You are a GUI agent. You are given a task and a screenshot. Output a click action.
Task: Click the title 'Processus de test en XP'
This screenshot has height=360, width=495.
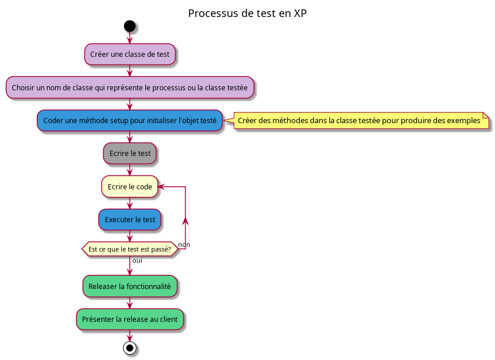[x=247, y=13]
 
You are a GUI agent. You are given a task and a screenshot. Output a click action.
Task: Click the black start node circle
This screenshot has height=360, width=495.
[x=130, y=26]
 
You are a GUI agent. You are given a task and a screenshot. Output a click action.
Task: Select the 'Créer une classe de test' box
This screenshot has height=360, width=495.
[x=130, y=55]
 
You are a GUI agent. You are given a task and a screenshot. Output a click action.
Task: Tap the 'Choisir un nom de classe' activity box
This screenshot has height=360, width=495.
[x=130, y=87]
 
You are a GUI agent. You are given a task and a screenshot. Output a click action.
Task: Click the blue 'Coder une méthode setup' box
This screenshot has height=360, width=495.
[x=130, y=121]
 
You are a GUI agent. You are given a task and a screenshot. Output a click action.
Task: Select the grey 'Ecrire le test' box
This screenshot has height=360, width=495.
[x=130, y=154]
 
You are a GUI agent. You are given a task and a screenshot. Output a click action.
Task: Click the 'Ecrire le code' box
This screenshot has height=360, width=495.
[x=130, y=187]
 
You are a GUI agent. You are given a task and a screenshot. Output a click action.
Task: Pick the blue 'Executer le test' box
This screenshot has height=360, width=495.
[x=130, y=220]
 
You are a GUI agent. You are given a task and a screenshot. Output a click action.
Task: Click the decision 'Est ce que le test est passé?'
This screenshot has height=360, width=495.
[x=130, y=249]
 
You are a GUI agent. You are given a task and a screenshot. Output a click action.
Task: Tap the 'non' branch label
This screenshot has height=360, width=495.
[x=184, y=244]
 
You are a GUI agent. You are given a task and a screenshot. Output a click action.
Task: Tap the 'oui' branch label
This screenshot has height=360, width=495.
[x=137, y=260]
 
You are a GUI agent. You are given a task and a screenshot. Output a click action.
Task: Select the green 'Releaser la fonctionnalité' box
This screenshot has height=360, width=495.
[x=130, y=287]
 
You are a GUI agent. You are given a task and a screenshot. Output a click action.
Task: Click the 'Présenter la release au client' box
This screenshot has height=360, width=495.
[x=130, y=320]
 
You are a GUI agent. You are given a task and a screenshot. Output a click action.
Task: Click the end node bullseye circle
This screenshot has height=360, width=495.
[x=130, y=348]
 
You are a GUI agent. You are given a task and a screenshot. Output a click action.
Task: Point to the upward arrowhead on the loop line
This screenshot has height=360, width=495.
[x=186, y=220]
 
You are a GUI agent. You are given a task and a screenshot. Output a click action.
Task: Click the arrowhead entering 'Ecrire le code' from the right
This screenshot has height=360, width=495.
[x=162, y=187]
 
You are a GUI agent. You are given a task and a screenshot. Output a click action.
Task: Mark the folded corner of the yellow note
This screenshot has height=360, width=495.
[x=486, y=116]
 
